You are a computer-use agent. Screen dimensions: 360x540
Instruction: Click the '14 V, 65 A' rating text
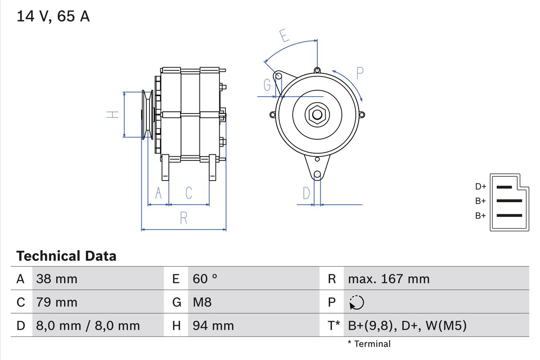pyautogui.click(x=53, y=16)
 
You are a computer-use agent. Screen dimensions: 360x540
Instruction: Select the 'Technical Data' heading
pyautogui.click(x=66, y=256)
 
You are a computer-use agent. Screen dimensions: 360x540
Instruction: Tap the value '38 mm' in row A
pyautogui.click(x=57, y=279)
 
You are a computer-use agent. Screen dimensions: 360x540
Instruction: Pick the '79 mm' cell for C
pyautogui.click(x=57, y=302)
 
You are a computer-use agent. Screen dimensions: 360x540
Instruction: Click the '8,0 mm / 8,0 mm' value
pyautogui.click(x=88, y=325)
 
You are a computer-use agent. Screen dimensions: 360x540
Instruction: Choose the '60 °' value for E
pyautogui.click(x=205, y=279)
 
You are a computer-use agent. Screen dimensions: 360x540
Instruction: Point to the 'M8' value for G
pyautogui.click(x=202, y=302)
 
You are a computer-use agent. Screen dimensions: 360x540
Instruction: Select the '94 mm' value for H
pyautogui.click(x=213, y=325)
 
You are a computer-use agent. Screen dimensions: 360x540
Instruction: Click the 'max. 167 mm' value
pyautogui.click(x=389, y=279)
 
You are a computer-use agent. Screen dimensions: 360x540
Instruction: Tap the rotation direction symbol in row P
pyautogui.click(x=356, y=303)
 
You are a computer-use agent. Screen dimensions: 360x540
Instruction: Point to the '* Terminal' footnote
pyautogui.click(x=369, y=344)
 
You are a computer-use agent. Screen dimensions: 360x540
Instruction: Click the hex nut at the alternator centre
pyautogui.click(x=317, y=114)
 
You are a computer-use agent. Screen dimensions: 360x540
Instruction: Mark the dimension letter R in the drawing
pyautogui.click(x=184, y=218)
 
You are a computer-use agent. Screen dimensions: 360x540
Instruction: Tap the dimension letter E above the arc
pyautogui.click(x=285, y=36)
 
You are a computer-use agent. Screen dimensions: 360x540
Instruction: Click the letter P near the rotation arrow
pyautogui.click(x=359, y=73)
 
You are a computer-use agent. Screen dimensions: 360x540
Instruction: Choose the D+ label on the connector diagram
pyautogui.click(x=481, y=187)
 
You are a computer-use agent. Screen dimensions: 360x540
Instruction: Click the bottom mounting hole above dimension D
pyautogui.click(x=317, y=174)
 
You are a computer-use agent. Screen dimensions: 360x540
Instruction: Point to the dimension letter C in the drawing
pyautogui.click(x=189, y=193)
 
